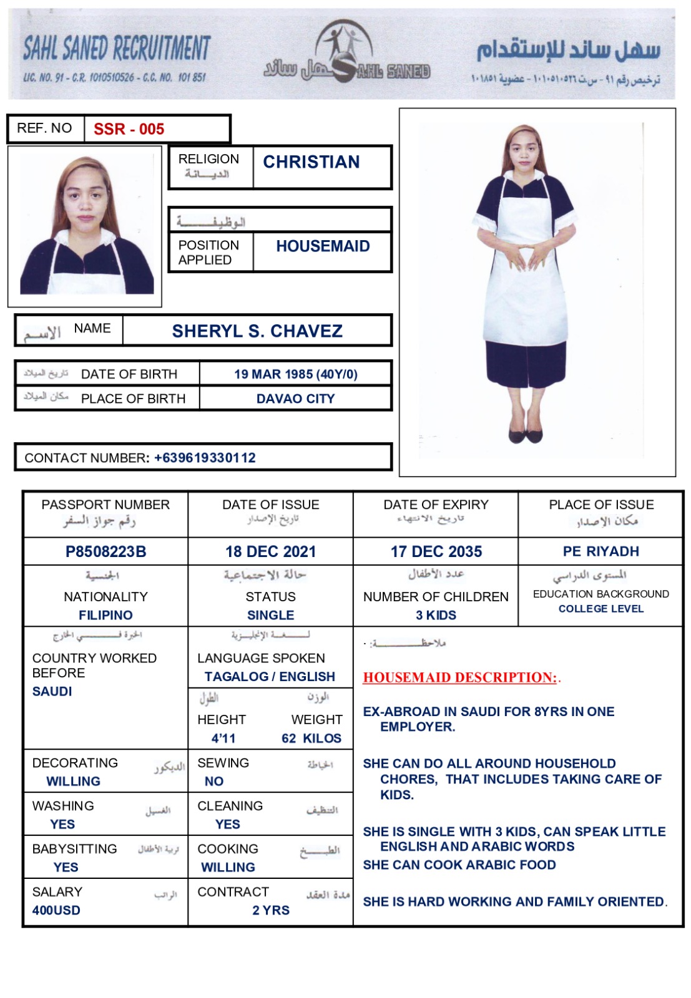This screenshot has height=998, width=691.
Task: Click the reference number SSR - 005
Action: [x=129, y=129]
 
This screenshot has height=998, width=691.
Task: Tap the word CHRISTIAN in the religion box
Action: [x=311, y=162]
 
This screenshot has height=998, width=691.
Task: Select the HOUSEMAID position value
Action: [x=323, y=246]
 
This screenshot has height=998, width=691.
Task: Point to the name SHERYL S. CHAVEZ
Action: [x=257, y=331]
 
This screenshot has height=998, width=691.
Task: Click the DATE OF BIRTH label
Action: [x=129, y=374]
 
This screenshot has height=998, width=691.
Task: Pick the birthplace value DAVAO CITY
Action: [x=295, y=399]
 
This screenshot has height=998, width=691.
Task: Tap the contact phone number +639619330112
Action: [x=205, y=458]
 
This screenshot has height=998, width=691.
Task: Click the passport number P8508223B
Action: [x=105, y=551]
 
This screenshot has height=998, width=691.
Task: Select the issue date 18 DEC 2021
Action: [x=270, y=551]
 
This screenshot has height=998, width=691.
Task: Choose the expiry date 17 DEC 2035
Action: [x=436, y=551]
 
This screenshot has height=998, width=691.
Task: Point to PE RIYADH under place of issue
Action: [x=600, y=551]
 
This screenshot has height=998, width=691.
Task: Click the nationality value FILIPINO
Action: [x=105, y=615]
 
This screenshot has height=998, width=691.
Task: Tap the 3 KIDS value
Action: [x=436, y=615]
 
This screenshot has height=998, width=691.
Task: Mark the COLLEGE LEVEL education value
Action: [x=600, y=609]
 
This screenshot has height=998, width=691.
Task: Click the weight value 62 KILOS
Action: [x=311, y=739]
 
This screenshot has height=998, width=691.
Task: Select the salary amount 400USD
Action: [x=56, y=910]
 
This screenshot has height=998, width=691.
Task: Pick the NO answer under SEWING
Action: [x=213, y=781]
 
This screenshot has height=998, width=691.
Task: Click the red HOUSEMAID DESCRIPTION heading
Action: [x=460, y=677]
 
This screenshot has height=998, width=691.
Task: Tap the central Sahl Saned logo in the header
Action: [x=345, y=53]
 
